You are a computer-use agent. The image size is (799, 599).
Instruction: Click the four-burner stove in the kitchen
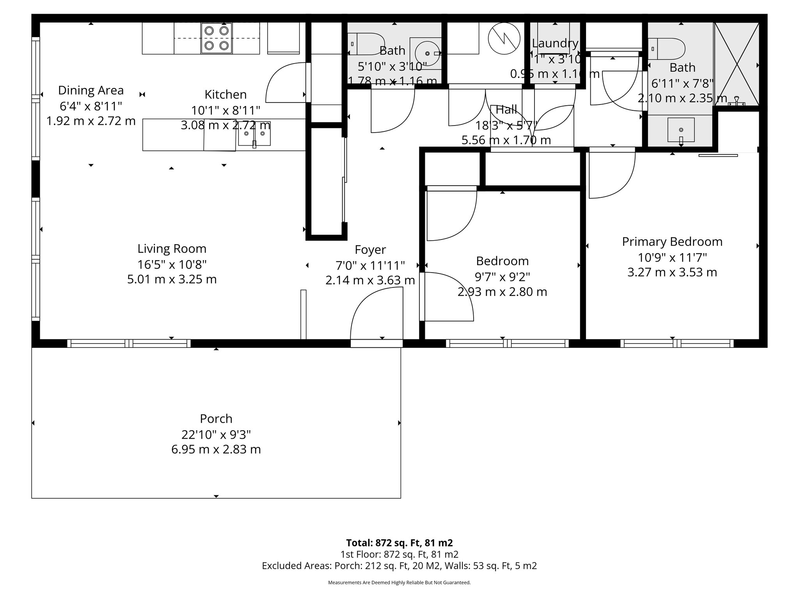217,38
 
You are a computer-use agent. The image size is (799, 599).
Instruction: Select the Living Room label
172,249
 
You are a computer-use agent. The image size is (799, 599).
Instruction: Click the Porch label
216,419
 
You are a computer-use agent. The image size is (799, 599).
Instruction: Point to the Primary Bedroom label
672,242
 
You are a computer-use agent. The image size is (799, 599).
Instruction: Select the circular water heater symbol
504,38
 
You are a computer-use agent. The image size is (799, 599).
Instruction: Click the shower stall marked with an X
736,64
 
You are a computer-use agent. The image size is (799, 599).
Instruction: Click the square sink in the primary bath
681,129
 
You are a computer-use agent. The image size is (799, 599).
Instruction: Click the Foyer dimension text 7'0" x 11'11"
370,266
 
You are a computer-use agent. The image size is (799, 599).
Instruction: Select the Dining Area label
91,90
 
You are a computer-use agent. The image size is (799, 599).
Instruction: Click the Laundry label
555,43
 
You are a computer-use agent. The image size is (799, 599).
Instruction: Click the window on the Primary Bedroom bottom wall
677,343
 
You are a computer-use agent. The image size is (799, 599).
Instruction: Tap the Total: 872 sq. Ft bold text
399,543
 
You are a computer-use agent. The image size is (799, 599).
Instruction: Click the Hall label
506,110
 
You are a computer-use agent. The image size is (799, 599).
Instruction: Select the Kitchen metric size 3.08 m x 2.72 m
225,126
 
